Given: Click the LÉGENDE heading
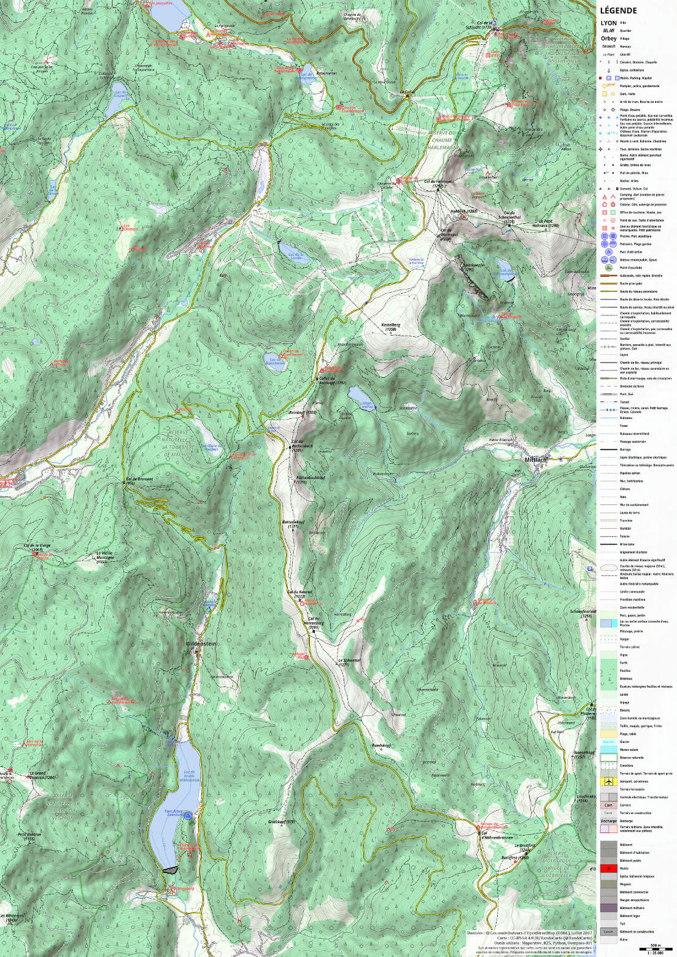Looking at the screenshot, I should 618,10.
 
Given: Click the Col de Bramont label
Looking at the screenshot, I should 139,480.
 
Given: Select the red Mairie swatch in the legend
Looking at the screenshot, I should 608,868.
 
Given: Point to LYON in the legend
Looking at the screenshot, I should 609,23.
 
